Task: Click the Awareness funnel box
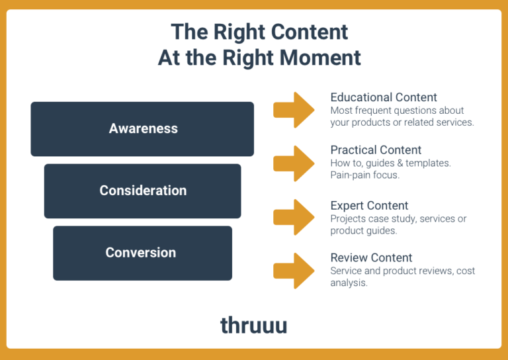point(142,129)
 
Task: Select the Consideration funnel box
point(142,191)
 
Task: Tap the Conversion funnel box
point(142,253)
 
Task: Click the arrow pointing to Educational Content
point(294,110)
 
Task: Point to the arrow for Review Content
point(294,270)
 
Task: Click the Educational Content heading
point(384,97)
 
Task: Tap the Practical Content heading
point(376,150)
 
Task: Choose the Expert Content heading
point(369,205)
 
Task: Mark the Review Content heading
point(371,257)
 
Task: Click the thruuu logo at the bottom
point(254,325)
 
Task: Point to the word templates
point(429,163)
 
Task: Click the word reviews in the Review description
point(421,271)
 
